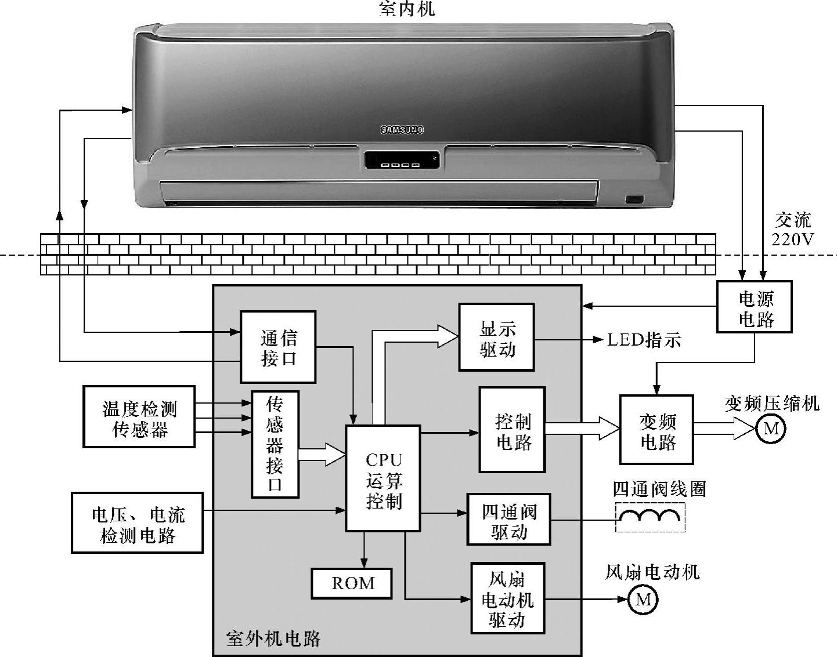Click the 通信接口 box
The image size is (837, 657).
[x=278, y=347]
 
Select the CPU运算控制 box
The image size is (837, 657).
[x=383, y=478]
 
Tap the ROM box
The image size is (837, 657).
[x=352, y=583]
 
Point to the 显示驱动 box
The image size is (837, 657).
[x=496, y=337]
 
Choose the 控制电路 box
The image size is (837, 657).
[x=512, y=430]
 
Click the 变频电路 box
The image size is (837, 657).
[x=656, y=430]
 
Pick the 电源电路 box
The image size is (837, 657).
[x=754, y=307]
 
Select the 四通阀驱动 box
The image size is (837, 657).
[x=508, y=519]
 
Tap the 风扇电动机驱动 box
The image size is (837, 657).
[x=507, y=598]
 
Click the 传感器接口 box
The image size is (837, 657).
[x=275, y=444]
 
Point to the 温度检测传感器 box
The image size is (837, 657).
[x=139, y=417]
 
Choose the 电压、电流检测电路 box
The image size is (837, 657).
[x=137, y=522]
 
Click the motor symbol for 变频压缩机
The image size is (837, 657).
[x=771, y=429]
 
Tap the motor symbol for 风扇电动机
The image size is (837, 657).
[x=643, y=599]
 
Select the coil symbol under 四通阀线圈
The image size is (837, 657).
[x=650, y=516]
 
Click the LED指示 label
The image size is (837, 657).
[x=644, y=340]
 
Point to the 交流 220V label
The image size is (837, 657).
[x=793, y=229]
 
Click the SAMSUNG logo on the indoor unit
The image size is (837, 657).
[x=402, y=129]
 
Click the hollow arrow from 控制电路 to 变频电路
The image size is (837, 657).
[x=582, y=428]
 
